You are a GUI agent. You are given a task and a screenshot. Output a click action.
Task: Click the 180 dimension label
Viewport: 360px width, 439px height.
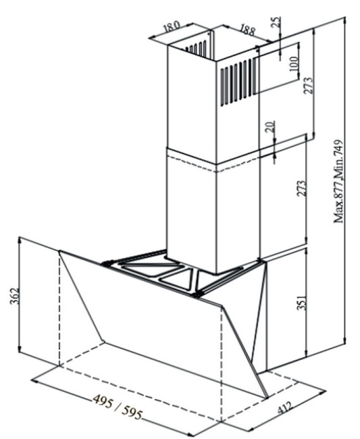tap(172, 26)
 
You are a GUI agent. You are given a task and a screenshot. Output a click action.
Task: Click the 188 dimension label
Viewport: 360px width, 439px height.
tap(247, 30)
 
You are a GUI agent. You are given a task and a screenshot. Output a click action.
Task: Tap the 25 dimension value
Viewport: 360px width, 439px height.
tap(276, 22)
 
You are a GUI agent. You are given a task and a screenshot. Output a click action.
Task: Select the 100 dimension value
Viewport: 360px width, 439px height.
tap(294, 63)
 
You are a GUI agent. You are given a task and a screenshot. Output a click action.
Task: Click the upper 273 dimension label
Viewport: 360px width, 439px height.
tap(308, 85)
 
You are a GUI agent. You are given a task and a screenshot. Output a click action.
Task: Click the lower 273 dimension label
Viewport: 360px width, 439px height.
tap(302, 188)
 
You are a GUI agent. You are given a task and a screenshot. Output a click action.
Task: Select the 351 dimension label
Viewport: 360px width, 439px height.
tap(302, 302)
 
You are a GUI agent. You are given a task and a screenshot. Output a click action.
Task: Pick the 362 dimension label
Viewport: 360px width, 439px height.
tap(14, 295)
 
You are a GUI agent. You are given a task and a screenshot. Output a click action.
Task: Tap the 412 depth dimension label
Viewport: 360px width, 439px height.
tap(284, 407)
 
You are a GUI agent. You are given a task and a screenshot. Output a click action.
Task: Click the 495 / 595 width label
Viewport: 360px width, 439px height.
tap(118, 407)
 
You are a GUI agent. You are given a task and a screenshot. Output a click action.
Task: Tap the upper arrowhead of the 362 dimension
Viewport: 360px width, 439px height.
tap(20, 240)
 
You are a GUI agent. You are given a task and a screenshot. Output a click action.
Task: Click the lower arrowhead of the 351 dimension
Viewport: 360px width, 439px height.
tap(307, 353)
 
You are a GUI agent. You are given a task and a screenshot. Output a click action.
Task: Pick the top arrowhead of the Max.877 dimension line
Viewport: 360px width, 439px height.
tap(345, 21)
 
